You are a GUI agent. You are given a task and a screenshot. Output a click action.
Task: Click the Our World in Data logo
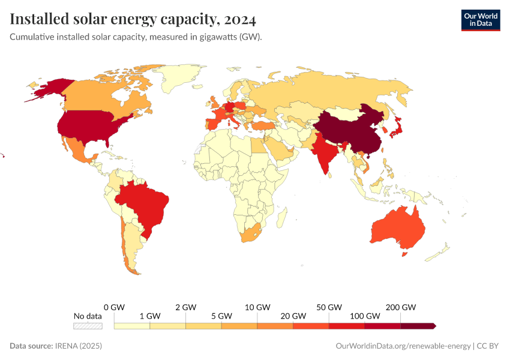[480, 20]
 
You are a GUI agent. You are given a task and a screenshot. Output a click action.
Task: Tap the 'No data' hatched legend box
[88, 326]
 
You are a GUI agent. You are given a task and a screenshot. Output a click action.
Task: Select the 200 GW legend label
[401, 307]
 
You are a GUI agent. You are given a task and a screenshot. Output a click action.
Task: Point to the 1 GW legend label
[149, 316]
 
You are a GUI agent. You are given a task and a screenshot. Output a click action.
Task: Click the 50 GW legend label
[329, 307]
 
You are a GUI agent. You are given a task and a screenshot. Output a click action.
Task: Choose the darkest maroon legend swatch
[418, 326]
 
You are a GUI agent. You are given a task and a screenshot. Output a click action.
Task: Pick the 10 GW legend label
[258, 307]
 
